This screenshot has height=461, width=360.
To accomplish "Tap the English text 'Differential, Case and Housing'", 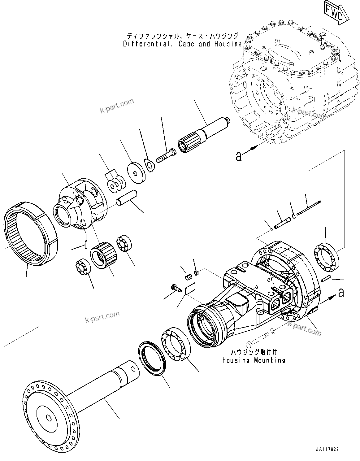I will click(x=182, y=44).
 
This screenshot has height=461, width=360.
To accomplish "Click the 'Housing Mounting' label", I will click(x=254, y=360).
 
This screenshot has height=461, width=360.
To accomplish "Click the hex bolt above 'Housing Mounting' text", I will click(x=257, y=339).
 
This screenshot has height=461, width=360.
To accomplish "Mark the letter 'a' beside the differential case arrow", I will click(x=238, y=156).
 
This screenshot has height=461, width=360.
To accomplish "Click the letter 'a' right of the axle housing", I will click(x=341, y=292).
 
